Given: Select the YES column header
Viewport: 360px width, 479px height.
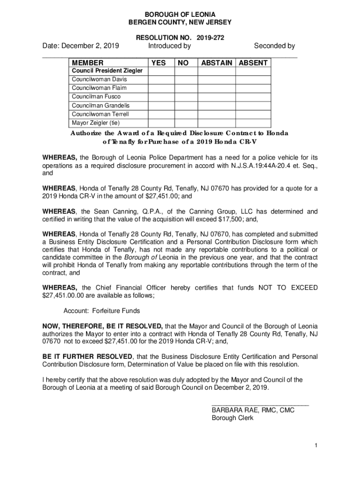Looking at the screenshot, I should [x=158, y=63].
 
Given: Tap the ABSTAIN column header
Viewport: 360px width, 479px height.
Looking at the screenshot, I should [x=217, y=63].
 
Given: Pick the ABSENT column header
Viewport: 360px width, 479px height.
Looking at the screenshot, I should [x=253, y=63].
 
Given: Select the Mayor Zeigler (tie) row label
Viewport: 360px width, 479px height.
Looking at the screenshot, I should [x=96, y=123].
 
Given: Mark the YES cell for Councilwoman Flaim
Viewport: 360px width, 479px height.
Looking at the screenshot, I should [x=159, y=88].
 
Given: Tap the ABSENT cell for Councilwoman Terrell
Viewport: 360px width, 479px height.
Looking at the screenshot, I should [x=253, y=114].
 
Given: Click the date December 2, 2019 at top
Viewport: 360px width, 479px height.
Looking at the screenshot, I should [x=80, y=46].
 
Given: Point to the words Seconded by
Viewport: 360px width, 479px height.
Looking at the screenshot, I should [x=274, y=46].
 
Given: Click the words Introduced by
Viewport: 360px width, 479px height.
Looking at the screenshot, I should [x=169, y=46].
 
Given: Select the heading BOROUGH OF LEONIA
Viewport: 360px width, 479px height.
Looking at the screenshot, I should [x=180, y=14].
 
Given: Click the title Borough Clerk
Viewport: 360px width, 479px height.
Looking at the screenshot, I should [x=232, y=418].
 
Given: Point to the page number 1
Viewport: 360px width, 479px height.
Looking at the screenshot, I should [x=316, y=445].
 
